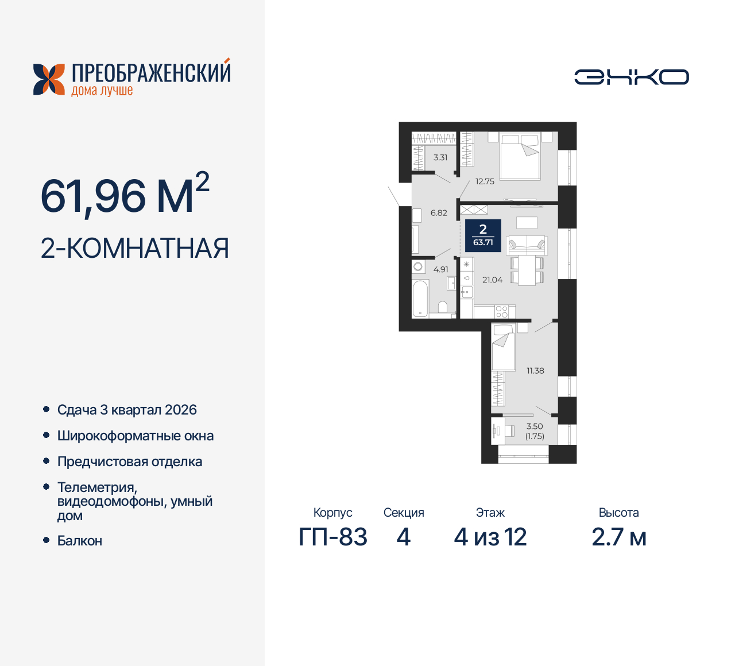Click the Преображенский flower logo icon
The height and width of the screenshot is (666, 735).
[49, 79]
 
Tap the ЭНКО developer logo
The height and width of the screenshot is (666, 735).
[631, 77]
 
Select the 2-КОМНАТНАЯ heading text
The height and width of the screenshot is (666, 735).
[135, 248]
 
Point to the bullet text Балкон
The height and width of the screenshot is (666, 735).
[80, 541]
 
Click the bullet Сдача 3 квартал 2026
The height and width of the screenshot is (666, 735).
[127, 410]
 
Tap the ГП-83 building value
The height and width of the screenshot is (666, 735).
[333, 537]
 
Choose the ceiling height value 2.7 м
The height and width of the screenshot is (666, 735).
[618, 537]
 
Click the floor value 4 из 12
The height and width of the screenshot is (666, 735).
[490, 537]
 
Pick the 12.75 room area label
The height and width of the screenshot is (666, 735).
[485, 181]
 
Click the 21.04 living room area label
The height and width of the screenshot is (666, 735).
[492, 280]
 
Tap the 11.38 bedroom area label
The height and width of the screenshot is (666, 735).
[535, 371]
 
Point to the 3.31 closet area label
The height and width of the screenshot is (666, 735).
[440, 157]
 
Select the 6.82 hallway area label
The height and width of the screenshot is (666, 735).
[439, 213]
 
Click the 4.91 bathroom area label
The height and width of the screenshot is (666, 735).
[441, 269]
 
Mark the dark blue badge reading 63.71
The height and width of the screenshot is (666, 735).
[483, 235]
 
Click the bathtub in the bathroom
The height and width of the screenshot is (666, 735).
[421, 298]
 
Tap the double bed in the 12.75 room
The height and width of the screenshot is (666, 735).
[520, 156]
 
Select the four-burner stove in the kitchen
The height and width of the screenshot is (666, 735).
[501, 311]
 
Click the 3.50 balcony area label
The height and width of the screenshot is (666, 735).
[535, 427]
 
